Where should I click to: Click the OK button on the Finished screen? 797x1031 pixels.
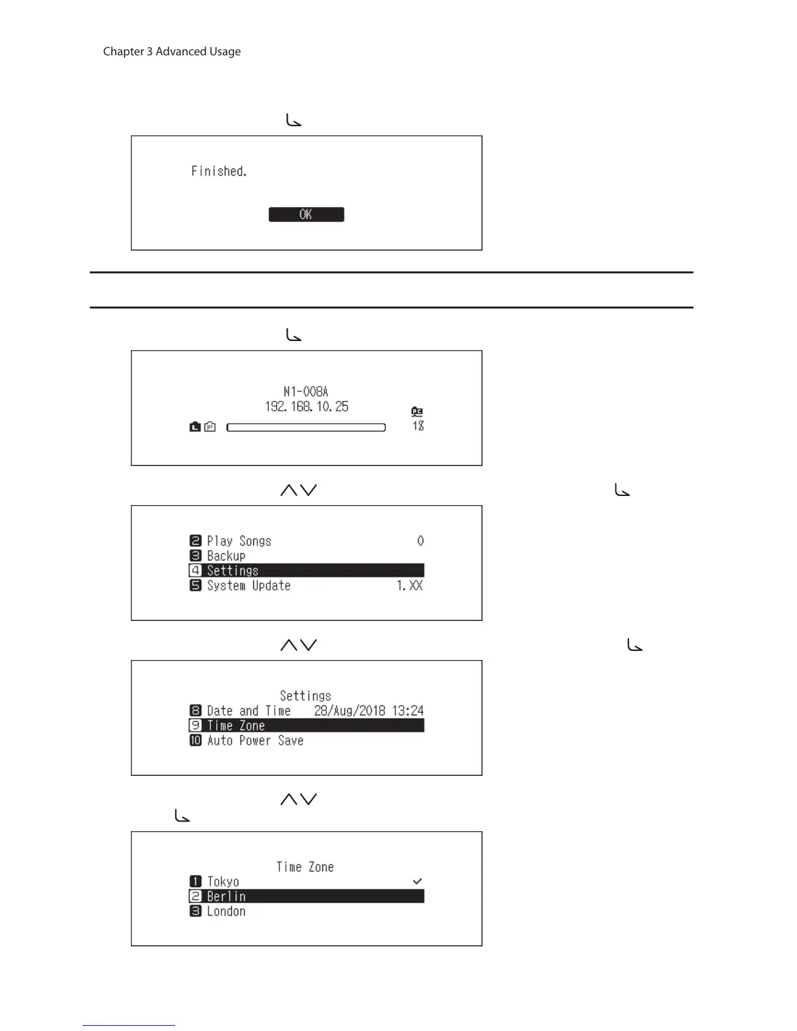pos(306,215)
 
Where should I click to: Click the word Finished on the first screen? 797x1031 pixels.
pos(219,171)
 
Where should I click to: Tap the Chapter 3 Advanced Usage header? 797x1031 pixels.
pos(172,51)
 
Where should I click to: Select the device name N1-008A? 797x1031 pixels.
pos(306,391)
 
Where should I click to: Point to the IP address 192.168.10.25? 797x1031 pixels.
pos(307,407)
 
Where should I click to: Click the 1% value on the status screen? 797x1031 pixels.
pos(418,426)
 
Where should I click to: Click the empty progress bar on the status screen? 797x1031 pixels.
pos(306,428)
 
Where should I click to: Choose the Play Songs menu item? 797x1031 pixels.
pos(238,541)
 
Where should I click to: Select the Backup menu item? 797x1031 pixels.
pos(226,556)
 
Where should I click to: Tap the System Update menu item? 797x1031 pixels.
pos(248,586)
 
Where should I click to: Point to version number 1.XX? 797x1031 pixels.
pos(410,586)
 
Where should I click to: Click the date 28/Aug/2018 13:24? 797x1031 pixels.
pos(369,711)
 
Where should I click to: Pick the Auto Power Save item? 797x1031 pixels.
pos(255,741)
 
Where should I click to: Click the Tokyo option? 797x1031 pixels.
pos(223,882)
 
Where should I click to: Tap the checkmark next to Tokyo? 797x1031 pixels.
pos(417,881)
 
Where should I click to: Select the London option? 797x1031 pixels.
pos(226,912)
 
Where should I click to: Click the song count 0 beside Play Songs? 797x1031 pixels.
pos(421,541)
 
